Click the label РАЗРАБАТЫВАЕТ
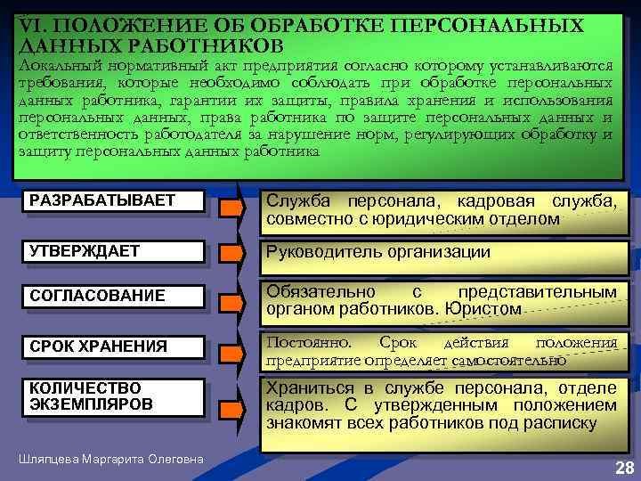(102, 200)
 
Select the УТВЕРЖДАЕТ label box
(85, 251)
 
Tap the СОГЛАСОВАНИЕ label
(97, 295)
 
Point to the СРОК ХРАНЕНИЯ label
(98, 346)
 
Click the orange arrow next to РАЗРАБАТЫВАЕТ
(231, 208)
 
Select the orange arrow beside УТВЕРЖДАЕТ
(231, 255)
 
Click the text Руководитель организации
(377, 252)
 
